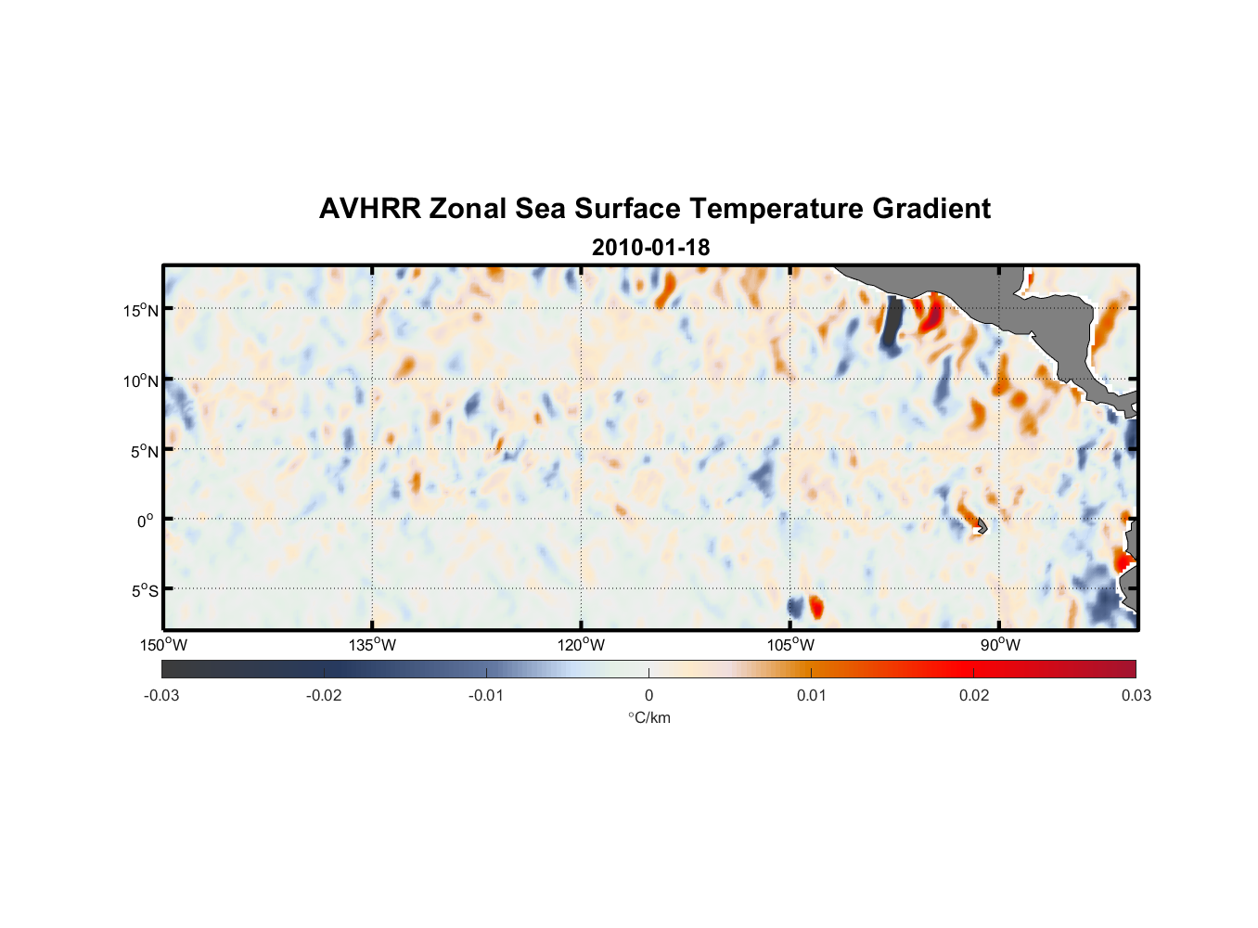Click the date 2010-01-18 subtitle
coord(650,248)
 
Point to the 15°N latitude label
coord(141,310)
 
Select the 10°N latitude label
coord(141,380)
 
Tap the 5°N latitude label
coord(144,451)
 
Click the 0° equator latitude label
coord(146,521)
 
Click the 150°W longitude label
coord(163,645)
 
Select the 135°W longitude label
coord(372,645)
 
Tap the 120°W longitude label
coord(581,645)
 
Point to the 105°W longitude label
coord(790,645)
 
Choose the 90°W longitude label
coord(1000,645)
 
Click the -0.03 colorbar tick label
coord(161,695)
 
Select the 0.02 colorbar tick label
coord(974,695)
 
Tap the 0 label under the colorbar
coord(648,695)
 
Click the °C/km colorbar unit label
coord(648,717)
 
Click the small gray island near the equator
coord(982,526)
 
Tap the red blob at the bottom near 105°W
coord(816,607)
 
